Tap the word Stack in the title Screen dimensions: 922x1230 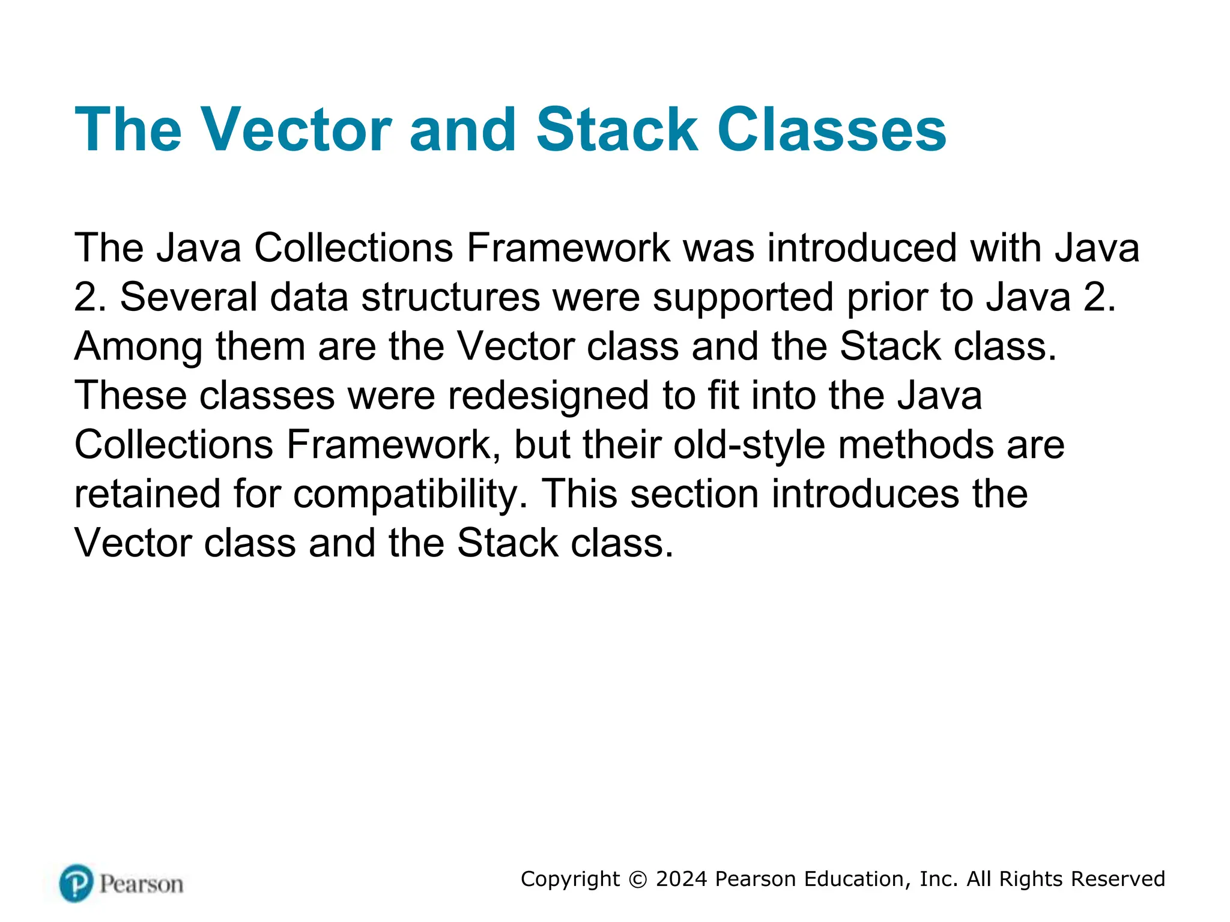pyautogui.click(x=617, y=130)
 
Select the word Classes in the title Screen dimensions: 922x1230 pyautogui.click(x=832, y=130)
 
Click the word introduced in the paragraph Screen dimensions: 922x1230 pyautogui.click(x=862, y=248)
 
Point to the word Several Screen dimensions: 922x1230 pyautogui.click(x=189, y=297)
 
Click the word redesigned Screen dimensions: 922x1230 pyautogui.click(x=548, y=397)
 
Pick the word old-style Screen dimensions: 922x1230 pyautogui.click(x=749, y=446)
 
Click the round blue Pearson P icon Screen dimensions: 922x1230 pyautogui.click(x=76, y=883)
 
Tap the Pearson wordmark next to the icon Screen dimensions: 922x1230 pyautogui.click(x=141, y=884)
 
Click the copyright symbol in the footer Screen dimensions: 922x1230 pyautogui.click(x=638, y=879)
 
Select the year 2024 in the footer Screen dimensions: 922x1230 pyautogui.click(x=682, y=879)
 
